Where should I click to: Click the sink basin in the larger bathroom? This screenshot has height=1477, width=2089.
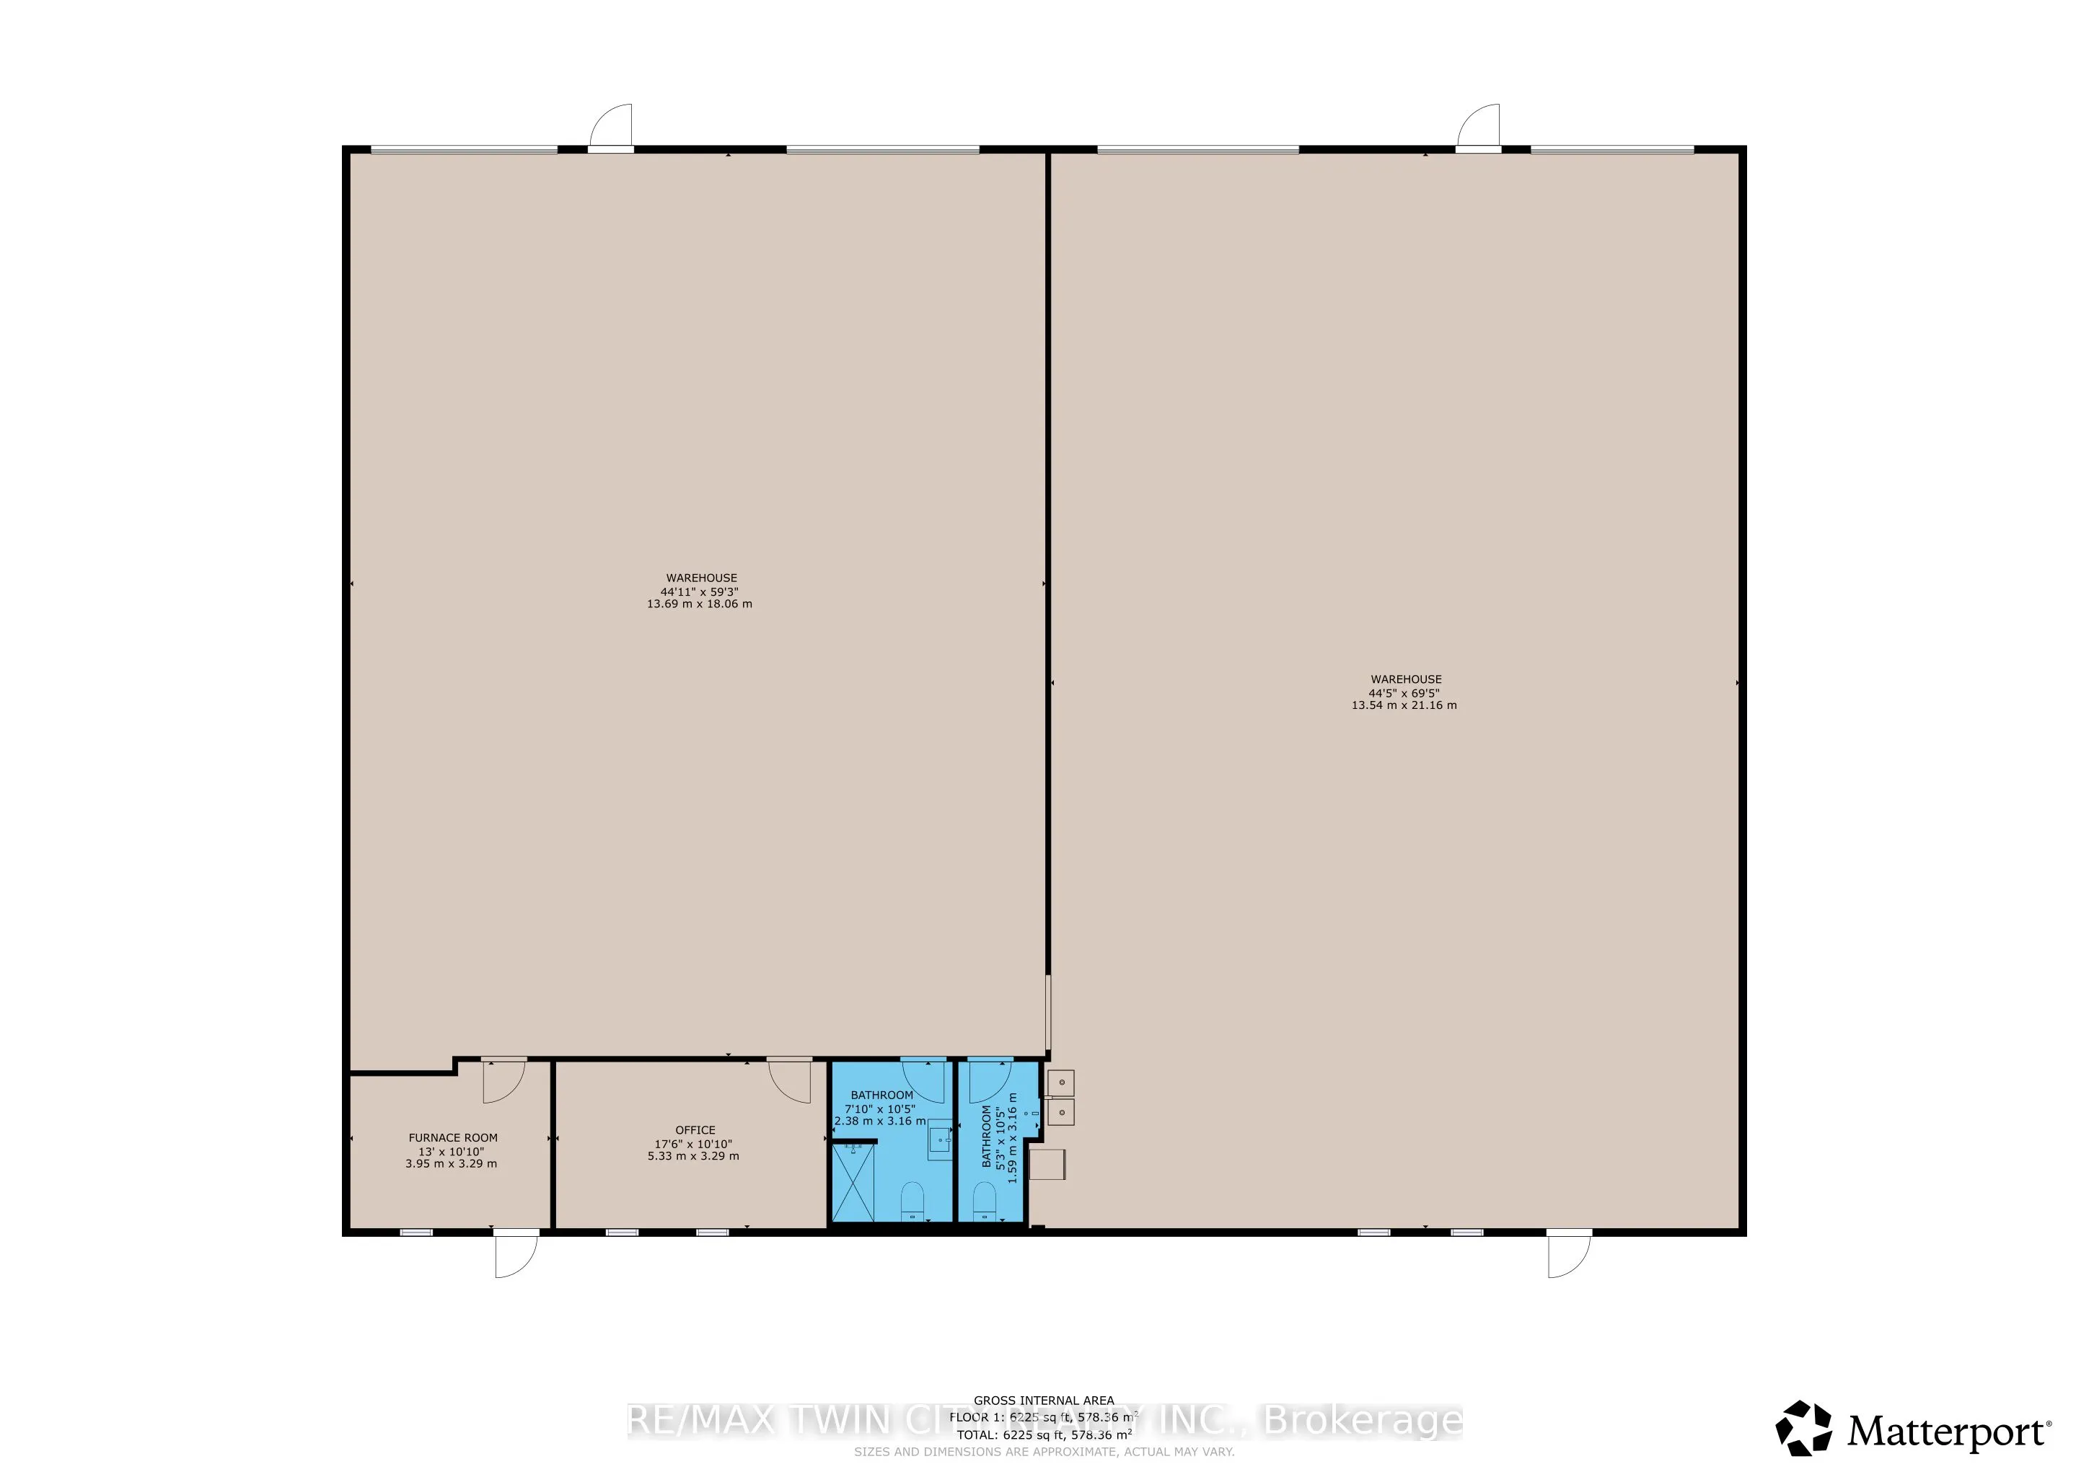point(940,1139)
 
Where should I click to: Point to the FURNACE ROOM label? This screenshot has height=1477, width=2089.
point(452,1137)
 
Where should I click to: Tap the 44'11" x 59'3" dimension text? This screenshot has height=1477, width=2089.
point(699,591)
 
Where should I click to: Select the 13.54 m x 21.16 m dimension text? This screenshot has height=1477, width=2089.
point(1403,705)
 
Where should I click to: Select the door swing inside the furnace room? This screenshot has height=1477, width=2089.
point(503,1080)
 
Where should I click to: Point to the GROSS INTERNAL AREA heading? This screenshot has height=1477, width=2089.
point(1044,1401)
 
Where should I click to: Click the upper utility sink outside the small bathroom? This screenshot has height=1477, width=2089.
point(1061,1083)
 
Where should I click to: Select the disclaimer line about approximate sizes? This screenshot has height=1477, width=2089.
point(1044,1452)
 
